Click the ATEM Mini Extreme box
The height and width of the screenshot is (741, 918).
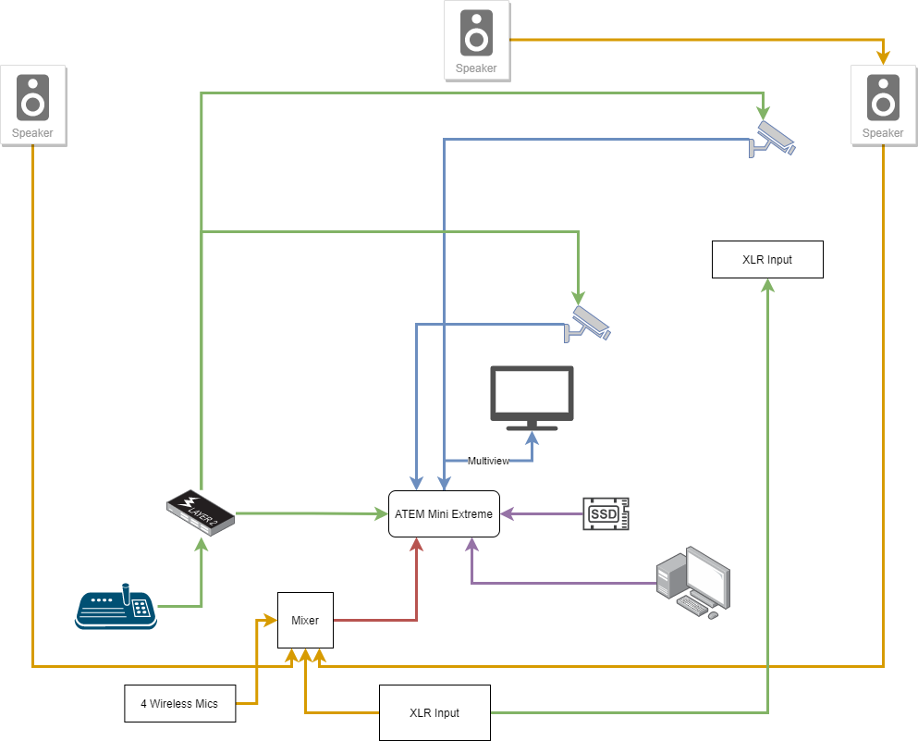point(444,513)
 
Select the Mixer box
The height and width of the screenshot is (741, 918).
point(305,620)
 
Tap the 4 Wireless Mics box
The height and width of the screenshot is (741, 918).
point(179,703)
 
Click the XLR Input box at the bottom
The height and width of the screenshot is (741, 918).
point(434,712)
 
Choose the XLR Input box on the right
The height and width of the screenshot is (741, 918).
point(767,259)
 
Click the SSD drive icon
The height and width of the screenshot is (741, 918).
point(606,513)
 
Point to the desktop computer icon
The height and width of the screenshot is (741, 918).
point(692,583)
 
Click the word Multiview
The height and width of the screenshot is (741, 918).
point(488,461)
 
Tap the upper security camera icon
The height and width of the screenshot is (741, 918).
point(773,138)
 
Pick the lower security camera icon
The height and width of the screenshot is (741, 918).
point(588,323)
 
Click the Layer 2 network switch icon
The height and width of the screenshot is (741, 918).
point(200,511)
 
